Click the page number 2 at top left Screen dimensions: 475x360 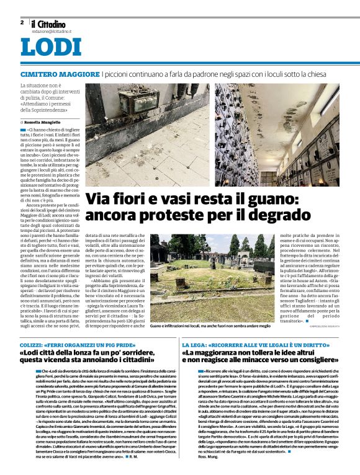pyautogui.click(x=22, y=22)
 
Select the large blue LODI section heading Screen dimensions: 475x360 pyautogui.click(x=47, y=47)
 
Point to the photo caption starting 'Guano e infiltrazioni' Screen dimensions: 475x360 pyautogui.click(x=211, y=326)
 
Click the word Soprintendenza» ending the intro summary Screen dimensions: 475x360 pyautogui.click(x=61, y=111)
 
